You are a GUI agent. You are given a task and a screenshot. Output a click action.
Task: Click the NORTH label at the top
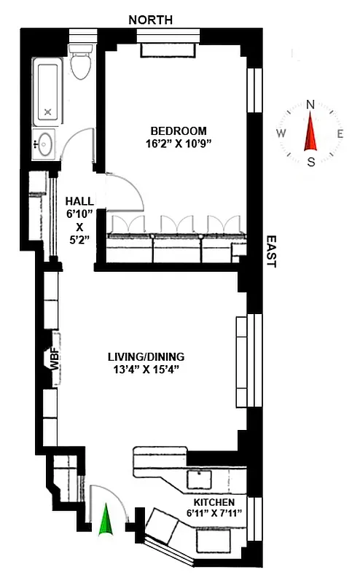151,20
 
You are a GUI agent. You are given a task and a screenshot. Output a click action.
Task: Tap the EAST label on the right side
271,251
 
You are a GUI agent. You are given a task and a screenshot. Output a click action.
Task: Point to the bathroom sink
45,143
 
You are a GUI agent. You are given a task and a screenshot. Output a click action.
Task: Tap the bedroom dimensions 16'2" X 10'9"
177,144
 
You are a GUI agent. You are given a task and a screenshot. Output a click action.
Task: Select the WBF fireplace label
54,361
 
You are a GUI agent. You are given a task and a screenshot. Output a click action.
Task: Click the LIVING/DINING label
146,357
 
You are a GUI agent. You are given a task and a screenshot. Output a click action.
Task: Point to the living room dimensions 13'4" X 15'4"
146,369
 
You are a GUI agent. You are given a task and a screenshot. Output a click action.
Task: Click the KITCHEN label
214,503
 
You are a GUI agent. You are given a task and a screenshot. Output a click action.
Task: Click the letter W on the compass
281,133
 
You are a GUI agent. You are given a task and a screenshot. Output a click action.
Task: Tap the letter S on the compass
311,162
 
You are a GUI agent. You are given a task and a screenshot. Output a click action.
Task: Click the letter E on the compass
340,133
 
